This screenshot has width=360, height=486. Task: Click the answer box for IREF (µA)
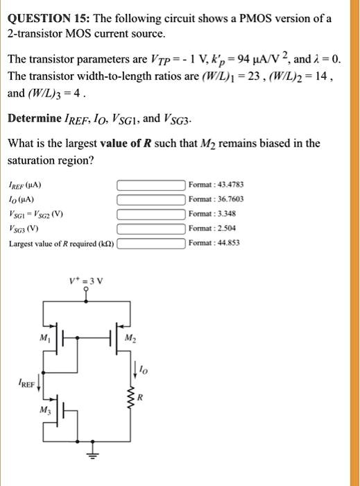click(x=151, y=185)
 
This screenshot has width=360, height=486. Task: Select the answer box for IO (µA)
click(x=151, y=199)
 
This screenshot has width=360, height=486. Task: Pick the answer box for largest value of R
click(x=151, y=243)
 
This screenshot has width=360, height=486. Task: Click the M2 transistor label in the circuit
click(x=128, y=339)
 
